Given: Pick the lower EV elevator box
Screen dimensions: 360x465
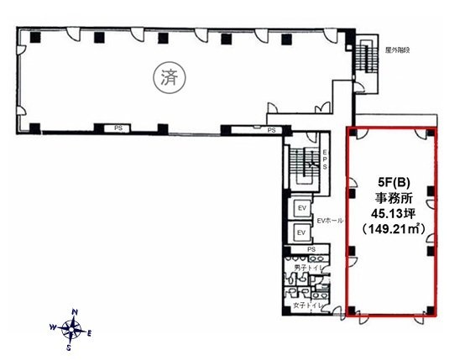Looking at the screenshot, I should click(x=300, y=232).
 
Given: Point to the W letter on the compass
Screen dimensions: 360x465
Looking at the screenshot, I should click(x=54, y=326).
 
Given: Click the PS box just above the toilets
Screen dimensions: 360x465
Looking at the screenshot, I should click(x=311, y=250).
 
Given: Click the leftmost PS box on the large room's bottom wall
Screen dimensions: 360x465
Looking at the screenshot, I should click(x=119, y=128).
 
